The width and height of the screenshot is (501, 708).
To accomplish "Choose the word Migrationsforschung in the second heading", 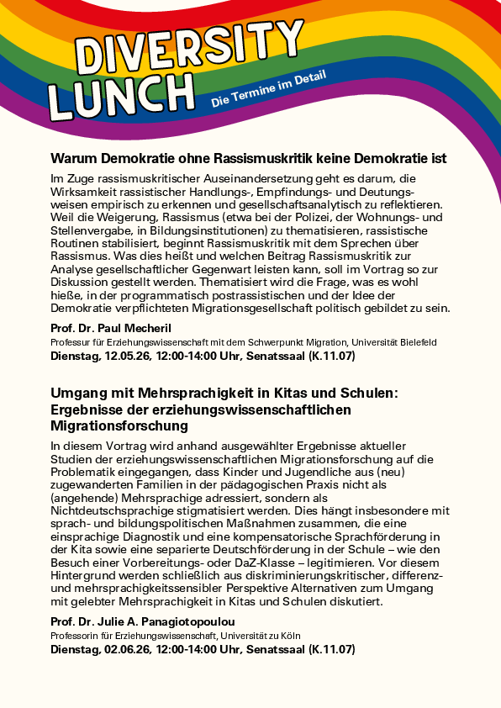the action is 126,425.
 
